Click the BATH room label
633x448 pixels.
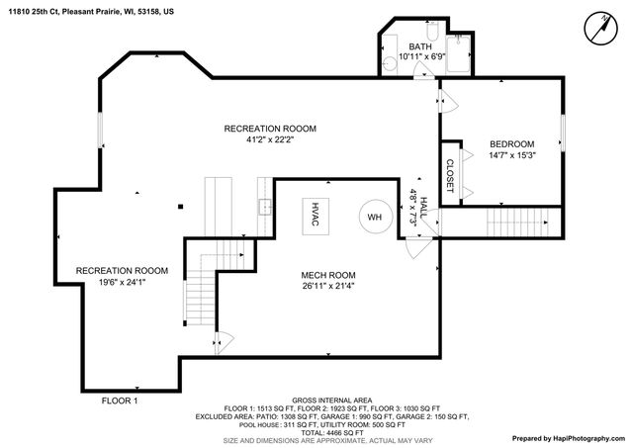pos(420,46)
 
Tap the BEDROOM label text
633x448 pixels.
pos(511,142)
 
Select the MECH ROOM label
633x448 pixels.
pos(328,275)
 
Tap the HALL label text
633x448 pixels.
pos(424,207)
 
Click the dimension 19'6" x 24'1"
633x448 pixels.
pos(122,283)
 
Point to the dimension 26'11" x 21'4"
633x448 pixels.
pos(328,287)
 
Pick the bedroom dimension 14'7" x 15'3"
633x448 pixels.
pos(511,154)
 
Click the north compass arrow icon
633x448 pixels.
pos(599,28)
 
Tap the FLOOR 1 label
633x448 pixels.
pos(120,401)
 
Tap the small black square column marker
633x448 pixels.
pos(180,206)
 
